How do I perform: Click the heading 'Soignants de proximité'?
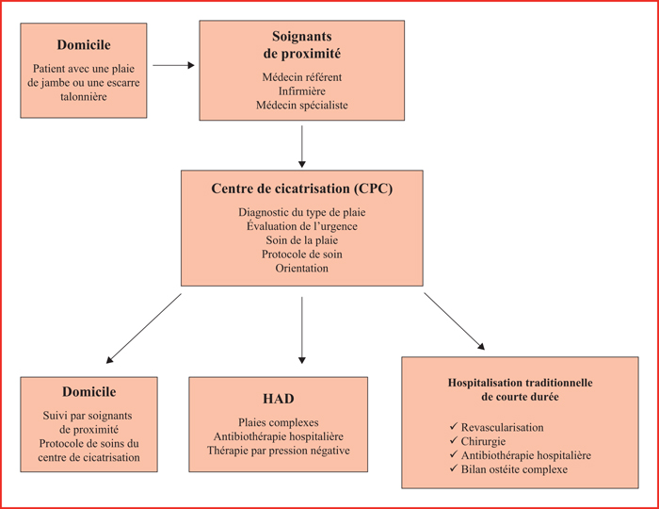tap(302, 45)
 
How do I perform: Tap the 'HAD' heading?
tap(279, 399)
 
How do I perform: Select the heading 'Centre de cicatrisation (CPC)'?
tap(302, 189)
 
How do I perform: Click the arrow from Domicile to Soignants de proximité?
tap(173, 65)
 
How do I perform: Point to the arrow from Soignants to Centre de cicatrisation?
tap(302, 146)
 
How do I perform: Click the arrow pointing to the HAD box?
tap(302, 330)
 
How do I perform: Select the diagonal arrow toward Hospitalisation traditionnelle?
tap(455, 321)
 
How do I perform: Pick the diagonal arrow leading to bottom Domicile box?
tap(144, 328)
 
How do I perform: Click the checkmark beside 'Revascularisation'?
tap(454, 427)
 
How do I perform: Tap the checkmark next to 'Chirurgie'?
tap(454, 440)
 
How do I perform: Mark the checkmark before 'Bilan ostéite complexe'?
tap(454, 468)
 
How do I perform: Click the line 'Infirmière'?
tap(302, 90)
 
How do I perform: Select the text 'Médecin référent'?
tap(302, 77)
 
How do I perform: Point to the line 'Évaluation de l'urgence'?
tap(302, 226)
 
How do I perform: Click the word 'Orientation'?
tap(302, 268)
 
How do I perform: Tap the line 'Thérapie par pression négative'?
tap(279, 451)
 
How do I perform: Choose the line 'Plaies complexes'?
tap(279, 422)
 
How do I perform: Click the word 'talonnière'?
tap(84, 96)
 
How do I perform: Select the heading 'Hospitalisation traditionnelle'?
tap(521, 383)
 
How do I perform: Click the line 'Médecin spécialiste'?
tap(302, 105)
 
